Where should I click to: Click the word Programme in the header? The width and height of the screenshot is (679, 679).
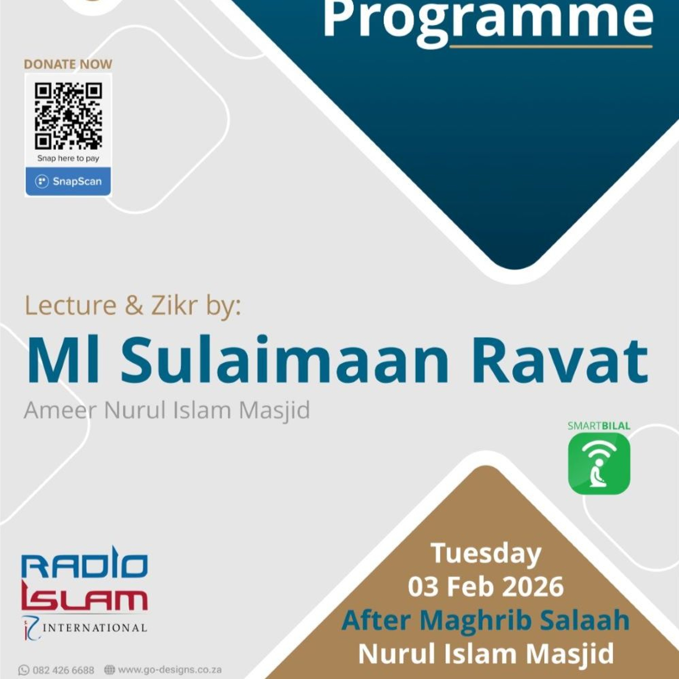488,21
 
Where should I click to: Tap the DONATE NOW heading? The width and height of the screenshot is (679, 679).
68,64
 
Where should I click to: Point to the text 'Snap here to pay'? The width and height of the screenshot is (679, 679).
68,158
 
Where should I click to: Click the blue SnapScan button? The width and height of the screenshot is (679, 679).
68,181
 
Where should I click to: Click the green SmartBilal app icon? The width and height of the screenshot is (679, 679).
599,463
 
